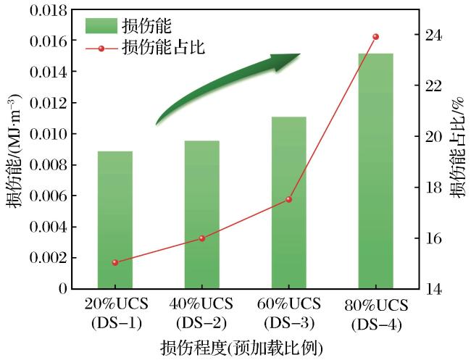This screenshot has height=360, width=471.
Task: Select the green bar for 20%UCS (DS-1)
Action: tap(115, 219)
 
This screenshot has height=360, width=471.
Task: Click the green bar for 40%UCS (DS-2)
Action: tap(202, 214)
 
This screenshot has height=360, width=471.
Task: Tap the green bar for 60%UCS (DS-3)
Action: tap(288, 203)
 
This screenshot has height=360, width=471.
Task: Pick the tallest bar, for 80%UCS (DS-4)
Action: tap(375, 171)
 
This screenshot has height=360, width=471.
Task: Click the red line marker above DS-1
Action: tap(115, 263)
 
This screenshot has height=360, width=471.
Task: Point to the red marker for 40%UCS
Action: tap(202, 238)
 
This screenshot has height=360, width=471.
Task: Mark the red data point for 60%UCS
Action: tap(288, 199)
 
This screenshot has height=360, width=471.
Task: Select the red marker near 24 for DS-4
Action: tap(375, 37)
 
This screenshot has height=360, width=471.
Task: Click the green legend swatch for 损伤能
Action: tap(101, 26)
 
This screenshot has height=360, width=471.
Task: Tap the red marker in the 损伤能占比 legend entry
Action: tap(101, 49)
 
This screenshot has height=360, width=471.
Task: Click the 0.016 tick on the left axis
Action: tap(49, 41)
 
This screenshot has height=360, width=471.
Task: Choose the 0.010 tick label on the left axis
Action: tap(49, 134)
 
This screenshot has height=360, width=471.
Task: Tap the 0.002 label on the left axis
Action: tap(49, 258)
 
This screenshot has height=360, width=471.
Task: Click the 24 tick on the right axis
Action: tap(434, 35)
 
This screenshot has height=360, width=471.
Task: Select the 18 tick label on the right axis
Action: tap(434, 188)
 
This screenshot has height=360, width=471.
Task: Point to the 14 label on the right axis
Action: tap(434, 290)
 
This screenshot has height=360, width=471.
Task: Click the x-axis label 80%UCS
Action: tap(376, 306)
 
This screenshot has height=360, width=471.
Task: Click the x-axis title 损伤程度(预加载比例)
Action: tap(242, 348)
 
